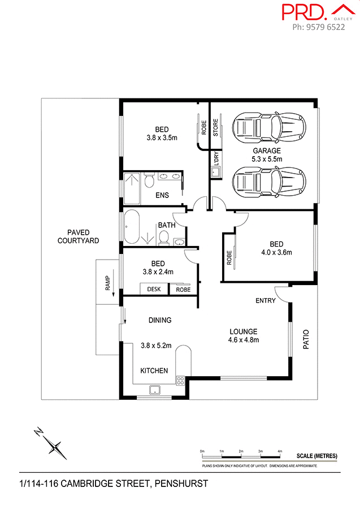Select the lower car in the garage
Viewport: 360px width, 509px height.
[268, 181]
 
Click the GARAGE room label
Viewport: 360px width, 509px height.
[267, 151]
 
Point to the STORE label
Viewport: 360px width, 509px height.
[215, 127]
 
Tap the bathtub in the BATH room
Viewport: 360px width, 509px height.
[133, 226]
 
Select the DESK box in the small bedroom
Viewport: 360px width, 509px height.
[154, 289]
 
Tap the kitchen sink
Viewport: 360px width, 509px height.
[154, 389]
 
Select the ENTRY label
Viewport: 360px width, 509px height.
[265, 300]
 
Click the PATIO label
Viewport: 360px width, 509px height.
[307, 339]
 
